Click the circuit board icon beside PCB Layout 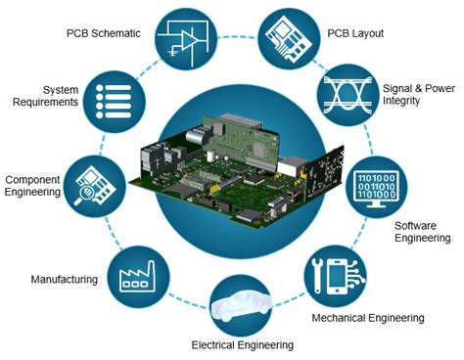[x=289, y=37]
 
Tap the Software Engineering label [x=422, y=232]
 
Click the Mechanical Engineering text [x=367, y=318]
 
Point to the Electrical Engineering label [x=242, y=344]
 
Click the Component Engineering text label [x=35, y=186]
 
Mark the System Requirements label [x=47, y=96]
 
